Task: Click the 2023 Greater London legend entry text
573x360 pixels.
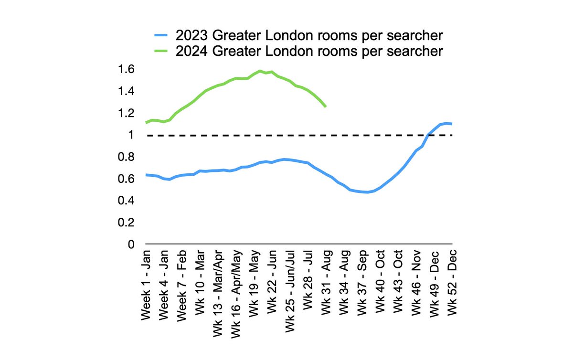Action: pos(309,36)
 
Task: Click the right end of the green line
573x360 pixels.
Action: pos(326,106)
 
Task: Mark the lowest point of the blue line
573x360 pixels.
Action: pos(367,192)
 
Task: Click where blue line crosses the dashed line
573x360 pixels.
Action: pos(429,135)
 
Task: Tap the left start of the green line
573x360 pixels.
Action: pos(146,123)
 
